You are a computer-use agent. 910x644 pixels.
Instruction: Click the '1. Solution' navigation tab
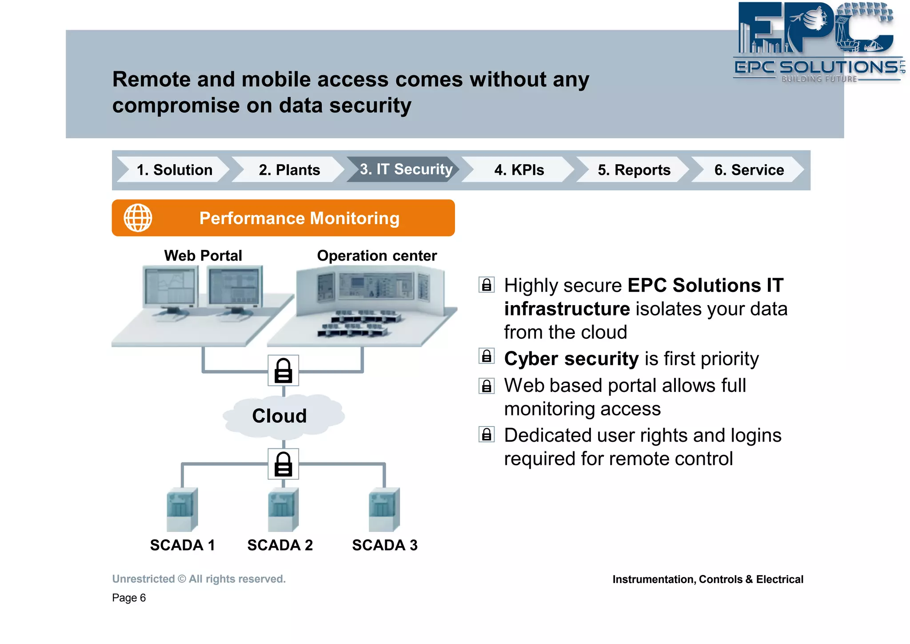point(174,170)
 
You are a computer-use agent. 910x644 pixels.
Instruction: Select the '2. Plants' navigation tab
point(289,170)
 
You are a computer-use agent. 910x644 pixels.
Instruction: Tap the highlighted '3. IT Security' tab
point(406,169)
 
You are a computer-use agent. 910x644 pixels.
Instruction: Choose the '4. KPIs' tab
point(519,170)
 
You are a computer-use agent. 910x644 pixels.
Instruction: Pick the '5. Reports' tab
point(634,170)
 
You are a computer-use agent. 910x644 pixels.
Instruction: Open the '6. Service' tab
point(749,170)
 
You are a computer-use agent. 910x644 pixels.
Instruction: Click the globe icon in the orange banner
point(138,218)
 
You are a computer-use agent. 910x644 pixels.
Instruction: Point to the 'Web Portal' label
point(203,256)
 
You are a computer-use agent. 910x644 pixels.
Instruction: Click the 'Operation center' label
point(377,256)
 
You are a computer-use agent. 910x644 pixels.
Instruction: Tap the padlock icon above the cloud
point(283,370)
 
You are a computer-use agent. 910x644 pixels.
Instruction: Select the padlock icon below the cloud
point(283,464)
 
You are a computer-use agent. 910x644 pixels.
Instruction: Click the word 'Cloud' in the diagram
point(279,416)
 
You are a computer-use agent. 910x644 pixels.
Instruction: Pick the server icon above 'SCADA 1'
point(182,509)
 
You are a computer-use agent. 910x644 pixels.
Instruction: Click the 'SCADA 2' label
point(280,545)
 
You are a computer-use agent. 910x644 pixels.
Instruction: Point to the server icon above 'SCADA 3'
point(384,509)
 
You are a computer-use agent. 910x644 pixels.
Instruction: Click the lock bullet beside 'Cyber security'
point(487,356)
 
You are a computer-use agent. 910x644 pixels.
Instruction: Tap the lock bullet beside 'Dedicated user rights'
point(487,434)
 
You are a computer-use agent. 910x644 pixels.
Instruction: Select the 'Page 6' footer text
point(129,598)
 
